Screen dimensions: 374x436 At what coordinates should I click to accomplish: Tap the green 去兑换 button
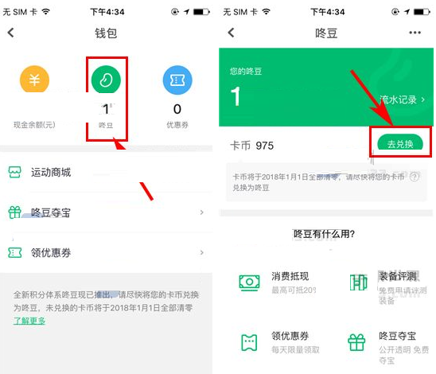click(401, 144)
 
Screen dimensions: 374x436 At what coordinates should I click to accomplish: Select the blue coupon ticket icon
click(177, 80)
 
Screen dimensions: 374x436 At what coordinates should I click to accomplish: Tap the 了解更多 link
click(29, 321)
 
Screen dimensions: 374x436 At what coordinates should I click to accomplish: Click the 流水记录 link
click(399, 99)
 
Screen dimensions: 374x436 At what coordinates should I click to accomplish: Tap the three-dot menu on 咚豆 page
click(415, 33)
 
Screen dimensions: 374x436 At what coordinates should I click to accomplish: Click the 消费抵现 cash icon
click(250, 282)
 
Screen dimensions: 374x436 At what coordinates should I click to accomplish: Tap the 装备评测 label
click(398, 277)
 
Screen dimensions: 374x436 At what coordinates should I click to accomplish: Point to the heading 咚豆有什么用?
click(324, 234)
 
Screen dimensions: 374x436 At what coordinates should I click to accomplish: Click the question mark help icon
click(414, 177)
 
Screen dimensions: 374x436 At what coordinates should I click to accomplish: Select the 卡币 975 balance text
click(253, 146)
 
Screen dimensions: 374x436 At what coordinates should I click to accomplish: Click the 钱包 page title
click(106, 33)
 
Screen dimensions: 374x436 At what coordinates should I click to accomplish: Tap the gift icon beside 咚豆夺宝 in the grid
click(357, 342)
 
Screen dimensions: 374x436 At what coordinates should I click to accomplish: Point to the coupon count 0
click(177, 109)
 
